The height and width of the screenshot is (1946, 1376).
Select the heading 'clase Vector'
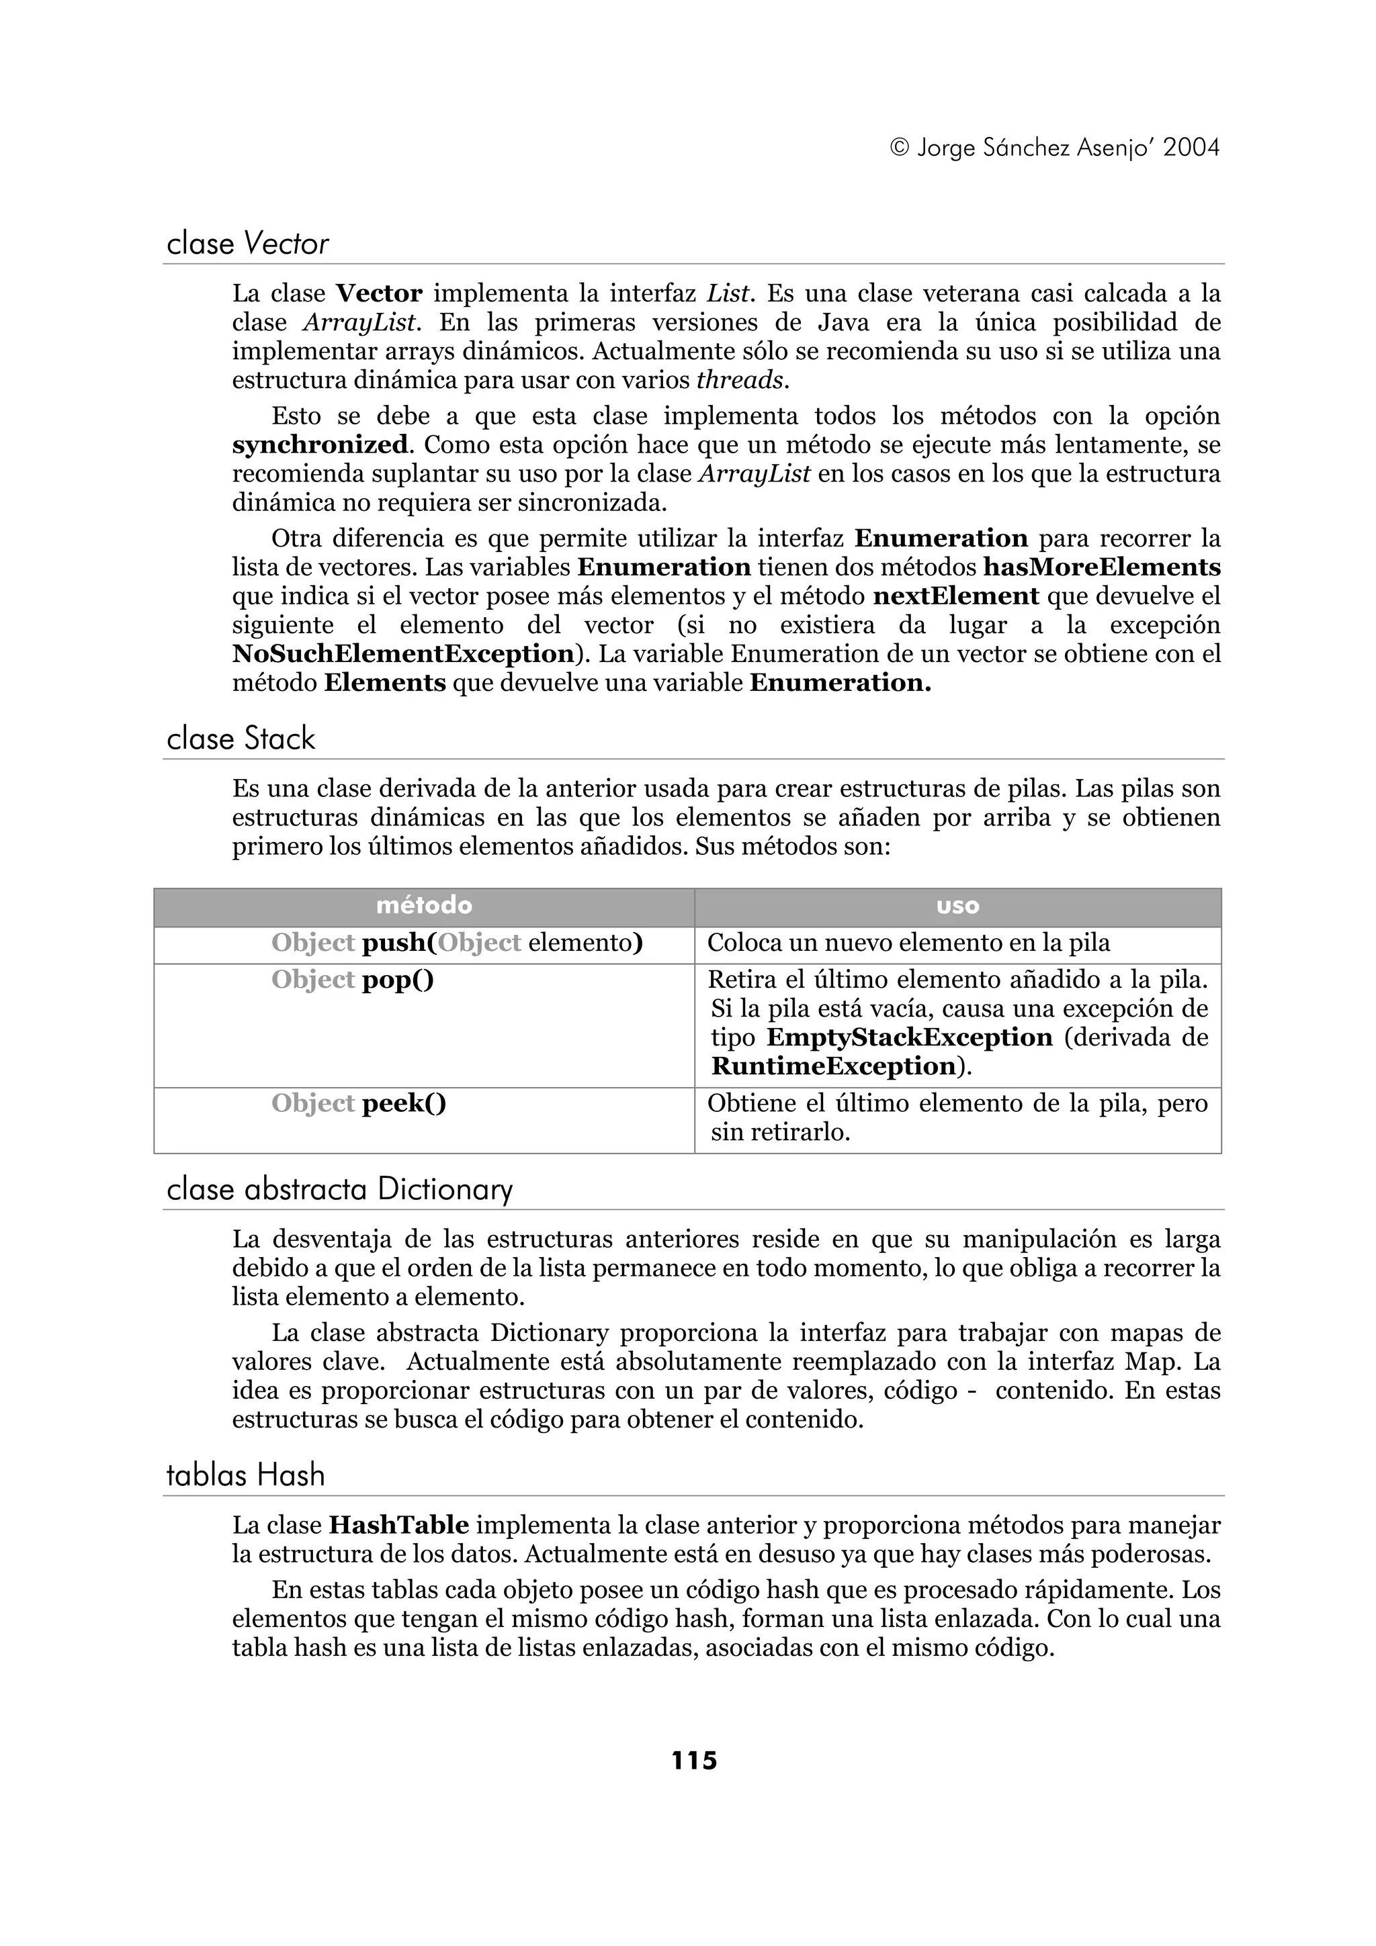pos(247,244)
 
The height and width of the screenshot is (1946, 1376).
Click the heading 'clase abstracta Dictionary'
pos(339,1189)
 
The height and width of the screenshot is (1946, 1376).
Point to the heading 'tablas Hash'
pos(245,1475)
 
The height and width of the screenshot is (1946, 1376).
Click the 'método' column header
pos(424,906)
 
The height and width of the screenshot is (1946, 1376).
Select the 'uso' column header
pos(957,906)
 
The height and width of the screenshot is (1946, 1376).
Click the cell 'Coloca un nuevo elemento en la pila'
pos(908,943)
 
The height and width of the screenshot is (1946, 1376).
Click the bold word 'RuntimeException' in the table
pos(833,1066)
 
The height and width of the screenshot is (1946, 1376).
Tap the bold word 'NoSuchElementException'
pos(402,654)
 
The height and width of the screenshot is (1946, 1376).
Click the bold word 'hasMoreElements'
pos(1101,567)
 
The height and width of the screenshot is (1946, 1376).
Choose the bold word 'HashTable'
pos(398,1526)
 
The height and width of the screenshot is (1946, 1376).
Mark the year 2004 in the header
pos(1191,148)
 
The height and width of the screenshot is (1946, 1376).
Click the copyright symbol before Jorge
pos(900,149)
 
